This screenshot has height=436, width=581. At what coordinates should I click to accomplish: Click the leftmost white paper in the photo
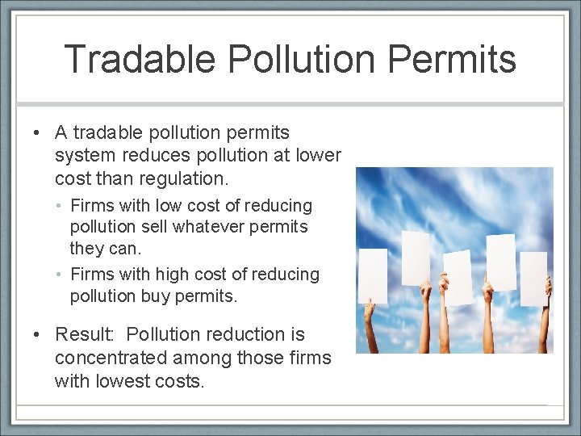(372, 275)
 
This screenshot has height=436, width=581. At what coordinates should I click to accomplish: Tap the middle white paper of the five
(458, 277)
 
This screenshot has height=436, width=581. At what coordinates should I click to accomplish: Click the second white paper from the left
(416, 258)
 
